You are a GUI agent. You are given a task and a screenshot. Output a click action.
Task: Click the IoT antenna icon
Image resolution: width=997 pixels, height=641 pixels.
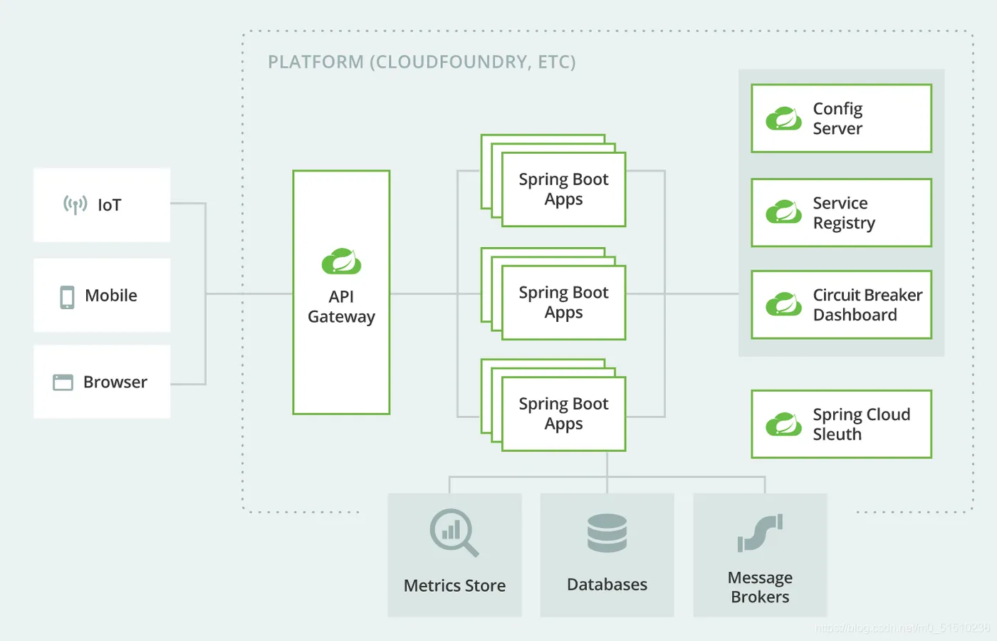coord(75,205)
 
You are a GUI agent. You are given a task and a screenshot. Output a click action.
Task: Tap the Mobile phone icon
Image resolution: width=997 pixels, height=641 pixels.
coord(67,297)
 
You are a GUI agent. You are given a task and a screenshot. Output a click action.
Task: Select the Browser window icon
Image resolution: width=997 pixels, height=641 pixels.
coord(63,382)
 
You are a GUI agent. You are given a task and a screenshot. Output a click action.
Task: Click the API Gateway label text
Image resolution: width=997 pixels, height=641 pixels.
coord(341,307)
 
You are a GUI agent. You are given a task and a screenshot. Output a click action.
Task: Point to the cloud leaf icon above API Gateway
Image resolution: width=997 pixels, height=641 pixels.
coord(341,262)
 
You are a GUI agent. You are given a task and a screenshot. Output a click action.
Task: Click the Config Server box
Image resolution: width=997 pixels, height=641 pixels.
coord(841,118)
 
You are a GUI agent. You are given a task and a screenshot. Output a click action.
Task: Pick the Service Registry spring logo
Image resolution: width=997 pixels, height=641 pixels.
coord(783,212)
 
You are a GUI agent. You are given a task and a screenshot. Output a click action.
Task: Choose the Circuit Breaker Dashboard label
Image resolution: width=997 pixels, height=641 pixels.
coord(867,305)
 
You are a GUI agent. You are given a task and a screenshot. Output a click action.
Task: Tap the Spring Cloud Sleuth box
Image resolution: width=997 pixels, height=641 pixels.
coord(841,424)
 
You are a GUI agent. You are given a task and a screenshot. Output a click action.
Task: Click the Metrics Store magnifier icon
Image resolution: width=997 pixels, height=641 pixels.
coord(454,532)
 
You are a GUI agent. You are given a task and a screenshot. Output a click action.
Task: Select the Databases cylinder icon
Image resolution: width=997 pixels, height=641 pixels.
coord(607,533)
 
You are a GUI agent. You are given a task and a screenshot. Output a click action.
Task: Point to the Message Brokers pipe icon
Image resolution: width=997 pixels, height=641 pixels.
coord(760,533)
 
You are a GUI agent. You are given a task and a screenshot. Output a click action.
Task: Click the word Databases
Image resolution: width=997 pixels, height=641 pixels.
coord(607,585)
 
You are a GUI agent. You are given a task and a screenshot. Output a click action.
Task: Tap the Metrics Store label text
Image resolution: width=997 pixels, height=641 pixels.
coord(454,585)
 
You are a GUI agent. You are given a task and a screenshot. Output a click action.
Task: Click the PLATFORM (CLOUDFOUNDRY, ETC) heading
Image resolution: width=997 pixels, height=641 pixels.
coord(422,62)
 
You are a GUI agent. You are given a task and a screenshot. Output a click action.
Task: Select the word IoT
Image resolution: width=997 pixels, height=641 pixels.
coord(110,205)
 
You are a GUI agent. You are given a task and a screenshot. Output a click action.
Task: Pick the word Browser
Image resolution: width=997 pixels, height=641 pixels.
coord(115,382)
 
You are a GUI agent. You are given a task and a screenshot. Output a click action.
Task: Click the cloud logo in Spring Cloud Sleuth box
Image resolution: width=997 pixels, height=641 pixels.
coord(783,424)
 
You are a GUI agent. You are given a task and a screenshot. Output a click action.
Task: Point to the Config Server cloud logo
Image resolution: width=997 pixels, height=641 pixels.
coord(783,118)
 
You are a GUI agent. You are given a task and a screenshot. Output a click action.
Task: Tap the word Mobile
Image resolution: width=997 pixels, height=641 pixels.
coord(111,296)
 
